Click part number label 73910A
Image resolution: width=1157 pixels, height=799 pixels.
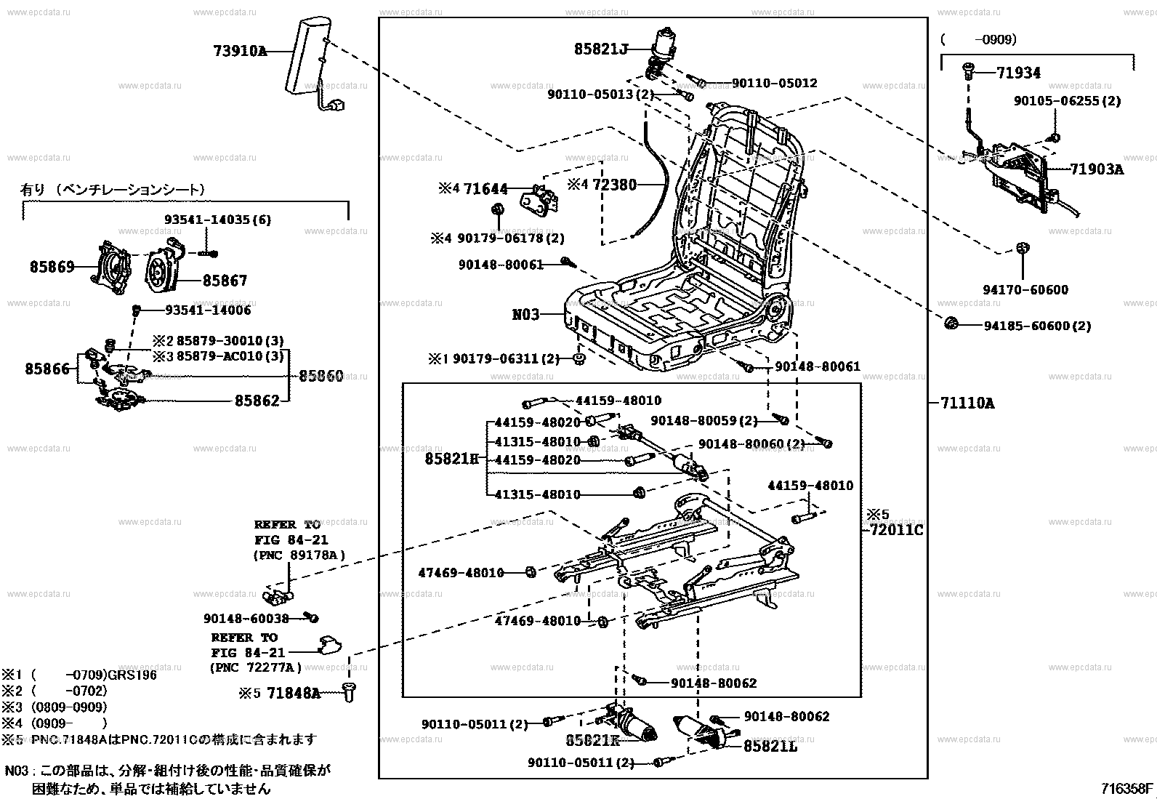pyautogui.click(x=240, y=51)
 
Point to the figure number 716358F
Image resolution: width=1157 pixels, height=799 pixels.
pyautogui.click(x=1126, y=789)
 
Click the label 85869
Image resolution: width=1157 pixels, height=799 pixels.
pyautogui.click(x=52, y=267)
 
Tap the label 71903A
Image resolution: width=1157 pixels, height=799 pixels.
pyautogui.click(x=1097, y=169)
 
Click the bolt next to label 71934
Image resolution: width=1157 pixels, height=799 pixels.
pyautogui.click(x=969, y=71)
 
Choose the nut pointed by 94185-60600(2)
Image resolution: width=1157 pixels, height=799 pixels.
pyautogui.click(x=951, y=323)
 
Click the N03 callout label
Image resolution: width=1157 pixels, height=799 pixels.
pyautogui.click(x=525, y=314)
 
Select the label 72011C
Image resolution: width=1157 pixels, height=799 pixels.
pyautogui.click(x=893, y=530)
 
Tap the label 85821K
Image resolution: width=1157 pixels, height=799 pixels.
pyautogui.click(x=592, y=740)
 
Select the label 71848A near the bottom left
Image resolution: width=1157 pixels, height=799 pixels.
pyautogui.click(x=294, y=693)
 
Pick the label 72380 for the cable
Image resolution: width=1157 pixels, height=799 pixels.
pyautogui.click(x=615, y=185)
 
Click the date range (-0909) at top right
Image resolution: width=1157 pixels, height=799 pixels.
pyautogui.click(x=978, y=39)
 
